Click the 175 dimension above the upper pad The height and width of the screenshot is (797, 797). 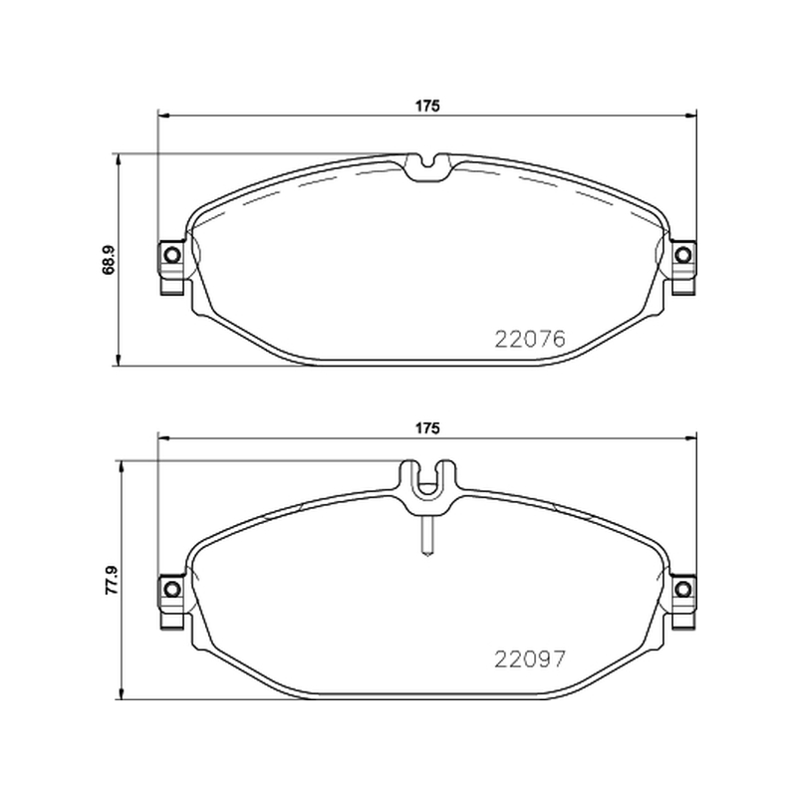[427, 106]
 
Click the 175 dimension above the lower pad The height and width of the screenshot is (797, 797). [427, 428]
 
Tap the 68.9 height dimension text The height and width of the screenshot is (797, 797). [109, 261]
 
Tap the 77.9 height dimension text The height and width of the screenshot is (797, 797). [112, 581]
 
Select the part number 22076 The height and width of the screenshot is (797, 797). [530, 339]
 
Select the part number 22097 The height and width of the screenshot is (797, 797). [530, 660]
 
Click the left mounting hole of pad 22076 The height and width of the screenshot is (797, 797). [172, 254]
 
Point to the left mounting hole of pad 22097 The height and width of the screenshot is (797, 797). [172, 589]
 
